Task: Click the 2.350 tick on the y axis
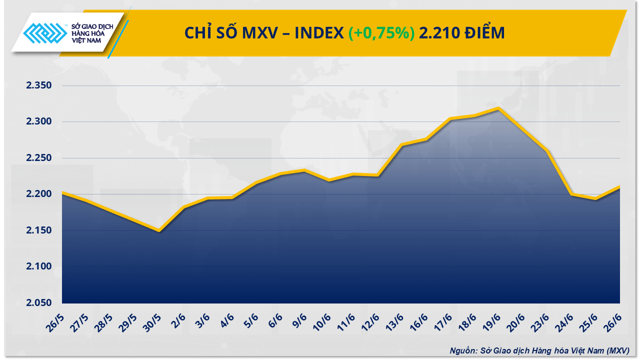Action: [39, 85]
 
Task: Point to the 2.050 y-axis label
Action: [39, 303]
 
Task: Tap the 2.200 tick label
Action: [39, 194]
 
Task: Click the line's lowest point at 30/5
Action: [159, 230]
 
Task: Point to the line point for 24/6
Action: [571, 194]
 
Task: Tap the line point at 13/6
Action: [401, 144]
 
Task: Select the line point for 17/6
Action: [450, 118]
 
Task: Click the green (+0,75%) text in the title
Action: [381, 33]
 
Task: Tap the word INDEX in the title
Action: [318, 33]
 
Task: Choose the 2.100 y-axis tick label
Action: [39, 266]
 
